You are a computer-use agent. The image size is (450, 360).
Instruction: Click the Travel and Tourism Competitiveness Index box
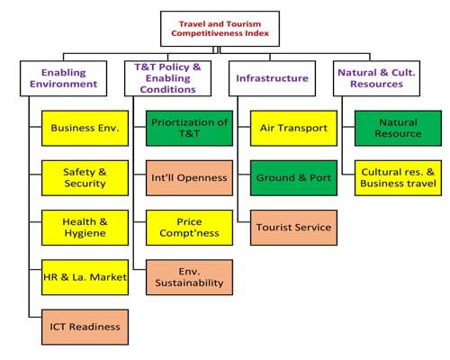point(220,29)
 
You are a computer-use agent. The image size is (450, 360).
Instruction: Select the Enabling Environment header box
point(63,78)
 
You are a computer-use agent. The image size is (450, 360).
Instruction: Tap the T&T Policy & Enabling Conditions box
point(167,78)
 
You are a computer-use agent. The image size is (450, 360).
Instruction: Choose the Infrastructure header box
point(272,78)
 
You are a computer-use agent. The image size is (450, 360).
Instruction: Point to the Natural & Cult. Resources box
point(376,78)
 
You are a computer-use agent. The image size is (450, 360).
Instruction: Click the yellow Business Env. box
point(85,128)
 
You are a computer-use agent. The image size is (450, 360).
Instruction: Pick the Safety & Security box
point(85,178)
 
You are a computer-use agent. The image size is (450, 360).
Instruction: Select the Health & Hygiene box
point(85,228)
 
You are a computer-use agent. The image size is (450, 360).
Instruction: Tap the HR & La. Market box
point(85,277)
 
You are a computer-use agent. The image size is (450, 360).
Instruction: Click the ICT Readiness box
point(85,327)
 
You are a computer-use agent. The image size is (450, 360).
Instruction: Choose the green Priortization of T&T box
point(189,128)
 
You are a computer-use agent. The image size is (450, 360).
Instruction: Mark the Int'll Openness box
point(189,178)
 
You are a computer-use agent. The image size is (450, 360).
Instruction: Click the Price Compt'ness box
point(189,228)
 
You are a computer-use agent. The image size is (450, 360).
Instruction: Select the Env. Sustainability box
point(189,277)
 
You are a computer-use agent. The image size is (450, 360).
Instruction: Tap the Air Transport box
point(293,128)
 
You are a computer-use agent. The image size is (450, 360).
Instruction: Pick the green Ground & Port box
point(293,178)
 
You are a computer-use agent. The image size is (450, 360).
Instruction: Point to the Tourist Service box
point(293,228)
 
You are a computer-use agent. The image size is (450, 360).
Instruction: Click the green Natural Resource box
point(398,128)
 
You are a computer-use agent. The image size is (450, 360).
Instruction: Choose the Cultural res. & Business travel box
point(398,178)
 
